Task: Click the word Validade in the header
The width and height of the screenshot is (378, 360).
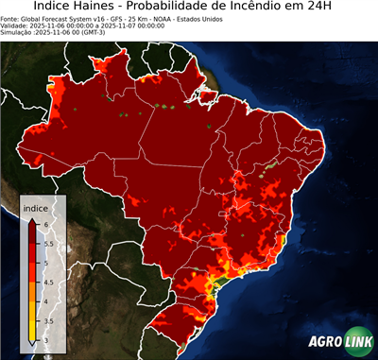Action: coord(15,25)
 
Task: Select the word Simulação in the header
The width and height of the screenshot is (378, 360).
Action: coord(17,32)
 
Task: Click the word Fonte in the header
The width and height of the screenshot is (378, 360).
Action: coord(10,18)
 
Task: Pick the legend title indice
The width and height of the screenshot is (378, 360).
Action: coord(35,207)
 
